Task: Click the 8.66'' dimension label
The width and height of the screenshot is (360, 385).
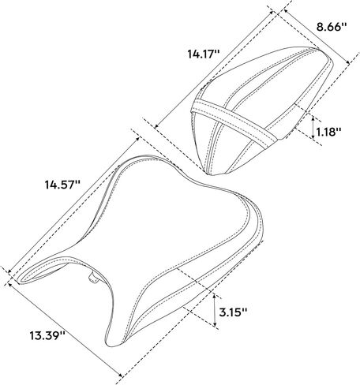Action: coord(332,27)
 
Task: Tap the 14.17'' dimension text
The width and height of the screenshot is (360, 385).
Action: coord(204,54)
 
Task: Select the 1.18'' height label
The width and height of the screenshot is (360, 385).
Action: coord(329,131)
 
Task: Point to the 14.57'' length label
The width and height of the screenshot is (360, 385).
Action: coord(62,185)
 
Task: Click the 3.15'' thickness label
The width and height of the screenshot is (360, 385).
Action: coord(233,312)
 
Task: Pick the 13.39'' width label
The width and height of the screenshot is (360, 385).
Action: coord(47,335)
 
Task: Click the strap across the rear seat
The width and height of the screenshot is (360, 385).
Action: coord(234,121)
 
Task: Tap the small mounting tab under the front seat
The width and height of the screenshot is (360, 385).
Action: coord(93,278)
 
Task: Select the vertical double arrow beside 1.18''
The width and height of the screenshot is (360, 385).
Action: coord(313,128)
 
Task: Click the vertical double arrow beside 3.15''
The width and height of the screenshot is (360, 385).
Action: coord(215,310)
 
